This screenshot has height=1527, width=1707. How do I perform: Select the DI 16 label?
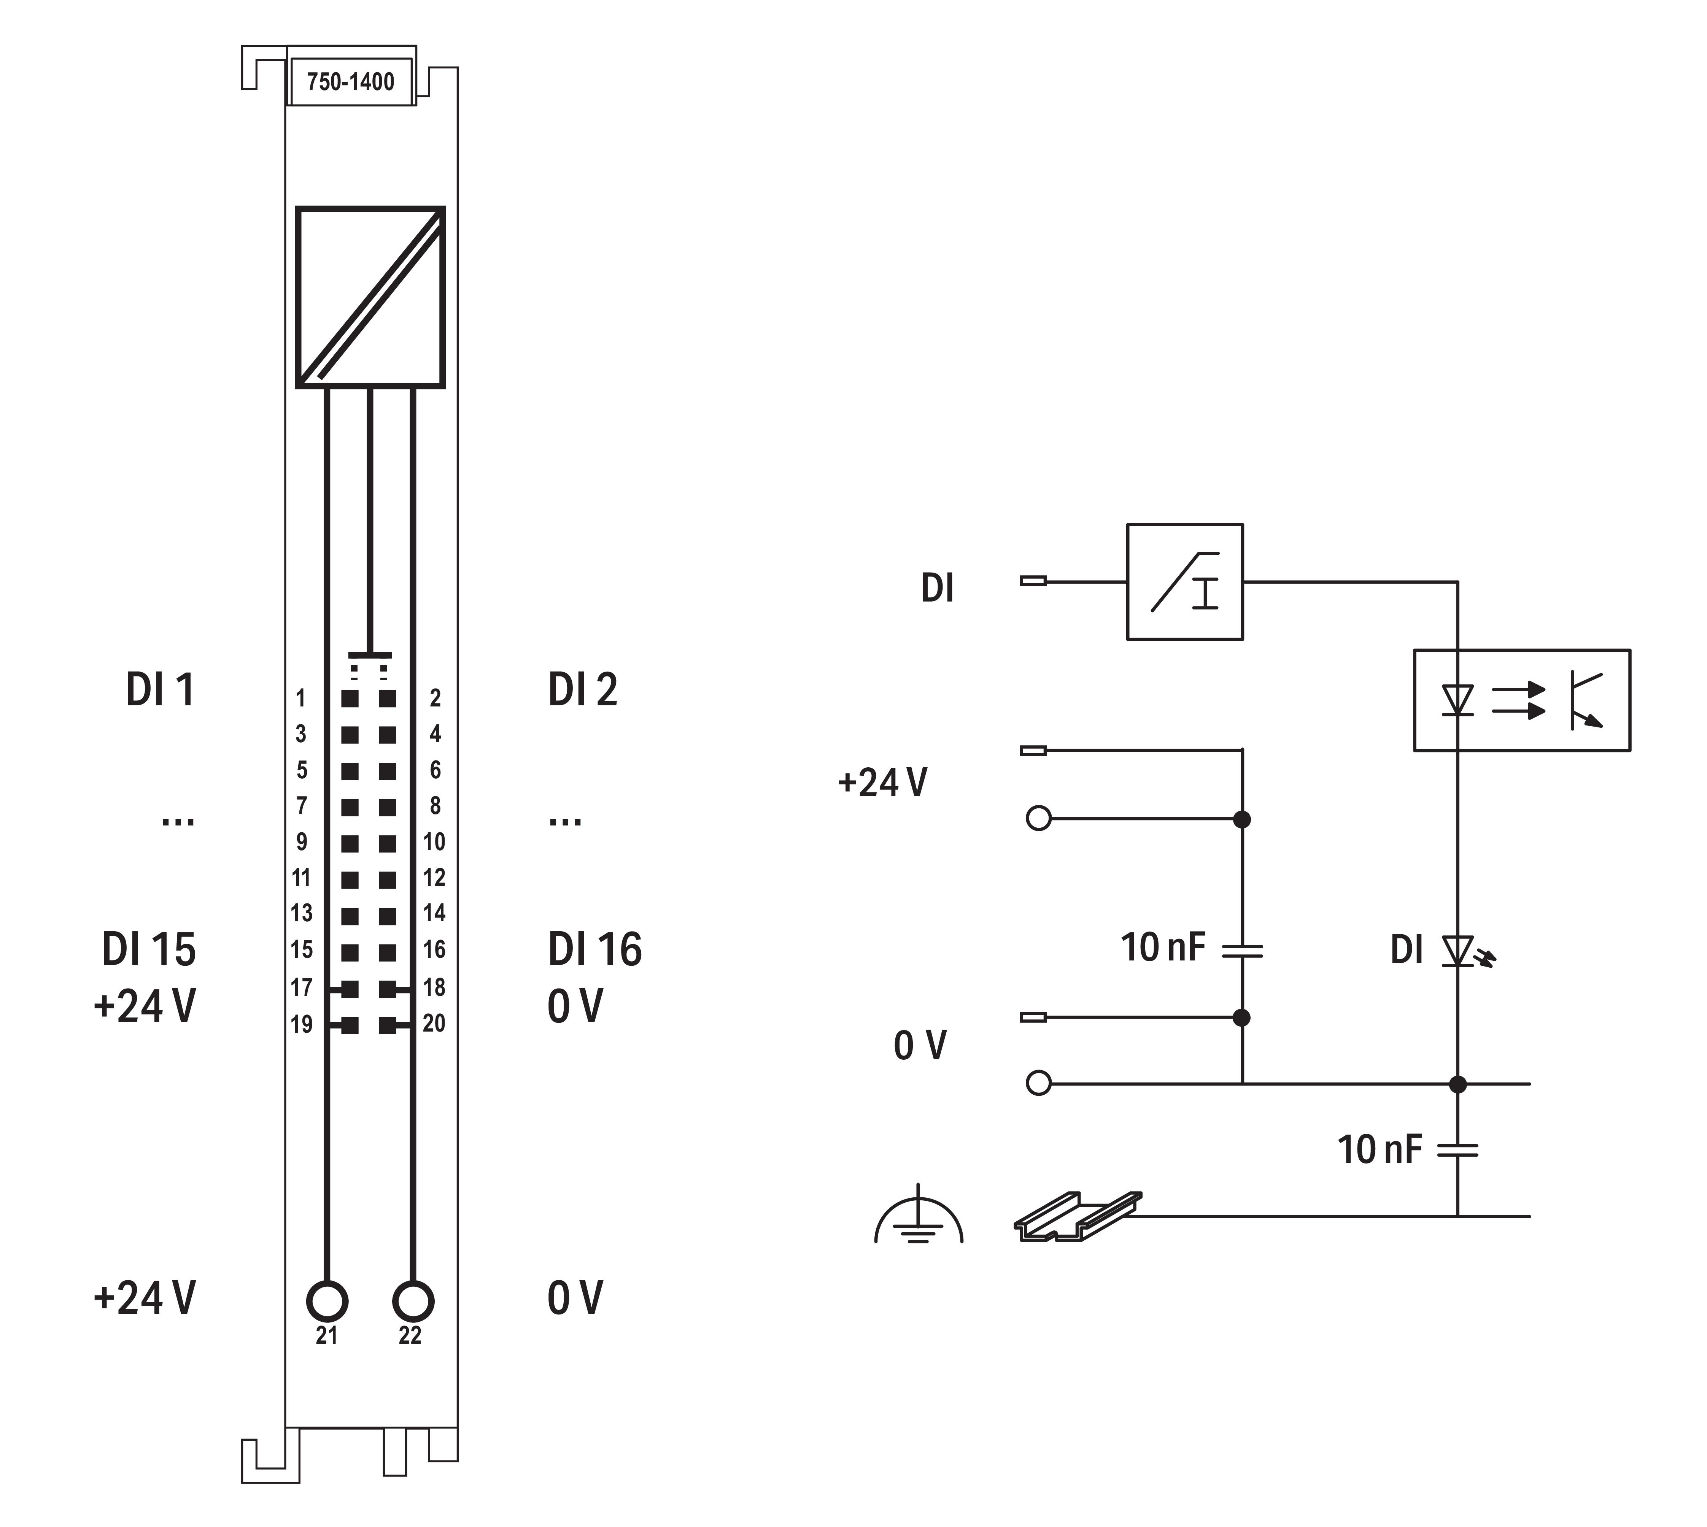594,949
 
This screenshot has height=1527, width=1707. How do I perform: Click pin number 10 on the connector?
434,841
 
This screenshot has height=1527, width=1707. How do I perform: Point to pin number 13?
301,913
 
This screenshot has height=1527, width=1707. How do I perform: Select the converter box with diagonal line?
370,297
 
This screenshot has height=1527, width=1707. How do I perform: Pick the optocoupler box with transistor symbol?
1521,700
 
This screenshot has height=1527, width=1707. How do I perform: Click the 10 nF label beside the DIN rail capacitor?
1379,1149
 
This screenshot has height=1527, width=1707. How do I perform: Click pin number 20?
434,1023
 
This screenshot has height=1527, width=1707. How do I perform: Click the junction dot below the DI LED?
1458,1084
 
